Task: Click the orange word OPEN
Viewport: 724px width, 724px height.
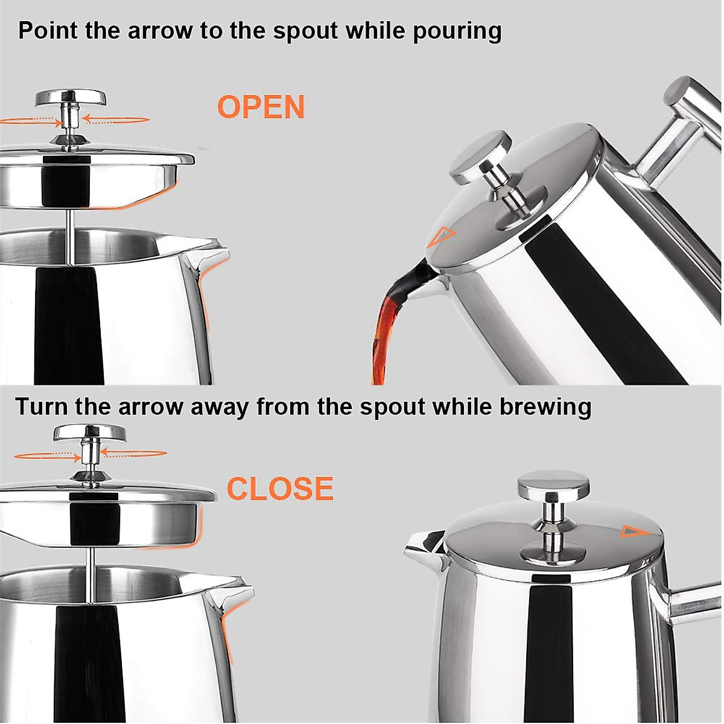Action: click(261, 107)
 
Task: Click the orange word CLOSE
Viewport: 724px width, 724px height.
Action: click(280, 489)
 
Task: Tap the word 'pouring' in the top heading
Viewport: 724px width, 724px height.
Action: click(457, 30)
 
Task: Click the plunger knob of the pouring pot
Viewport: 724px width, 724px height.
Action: click(481, 158)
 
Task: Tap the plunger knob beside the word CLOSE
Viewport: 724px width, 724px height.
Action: click(89, 433)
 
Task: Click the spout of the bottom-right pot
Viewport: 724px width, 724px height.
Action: click(422, 542)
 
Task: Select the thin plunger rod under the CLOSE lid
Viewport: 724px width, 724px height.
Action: click(91, 558)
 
